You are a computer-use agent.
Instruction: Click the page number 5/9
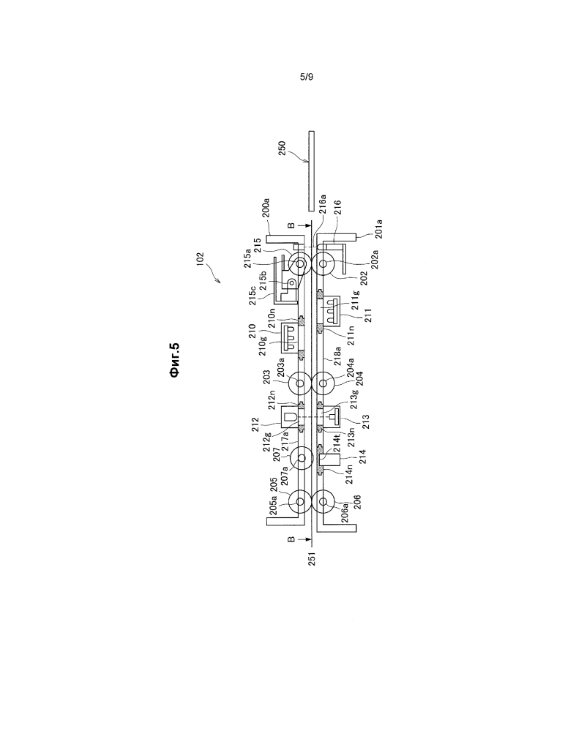pos(306,76)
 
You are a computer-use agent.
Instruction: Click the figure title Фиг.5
pos(175,360)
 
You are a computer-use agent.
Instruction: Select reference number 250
pos(282,149)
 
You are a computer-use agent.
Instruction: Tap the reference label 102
pos(200,259)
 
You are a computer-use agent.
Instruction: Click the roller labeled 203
pos(300,383)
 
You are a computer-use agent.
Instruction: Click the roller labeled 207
pos(301,458)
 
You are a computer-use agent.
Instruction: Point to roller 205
pos(300,501)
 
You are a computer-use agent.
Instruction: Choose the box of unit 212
pos(290,416)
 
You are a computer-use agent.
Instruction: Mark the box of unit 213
pos(332,416)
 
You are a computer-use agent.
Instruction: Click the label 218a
pos(337,355)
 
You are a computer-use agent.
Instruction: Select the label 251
pos(312,558)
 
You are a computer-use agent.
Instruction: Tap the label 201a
pos(378,229)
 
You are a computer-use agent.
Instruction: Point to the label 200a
pos(266,208)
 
